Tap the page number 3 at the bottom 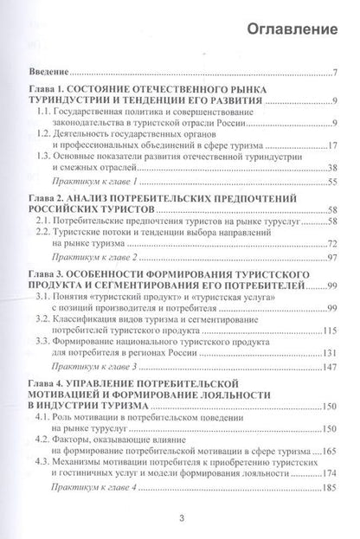point(181,518)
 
